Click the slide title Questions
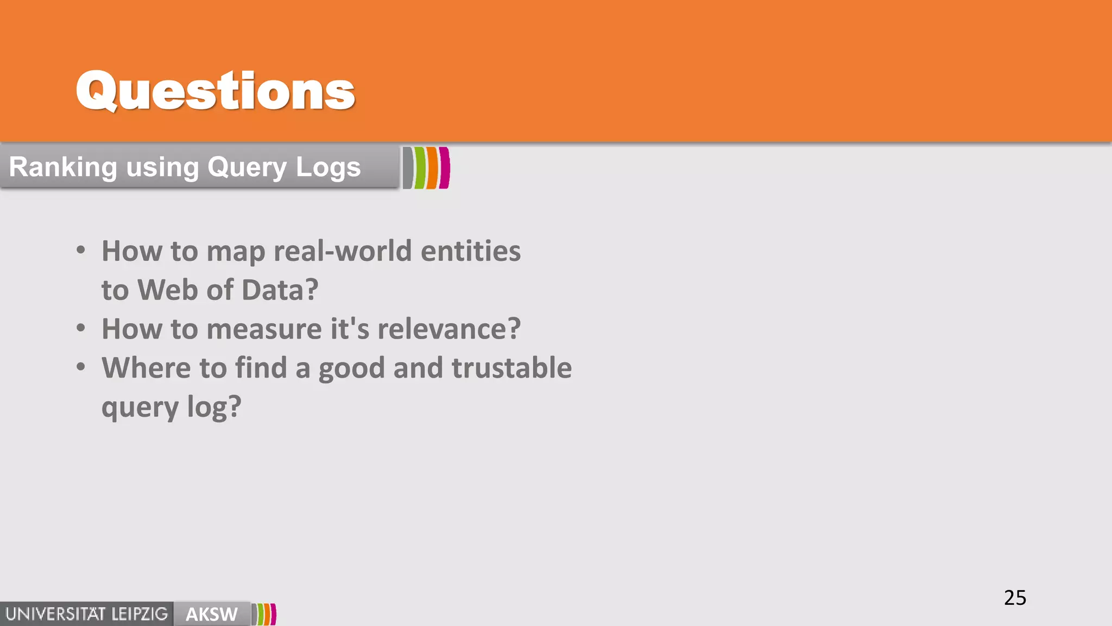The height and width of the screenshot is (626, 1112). click(x=215, y=91)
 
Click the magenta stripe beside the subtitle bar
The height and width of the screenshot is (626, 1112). click(x=444, y=168)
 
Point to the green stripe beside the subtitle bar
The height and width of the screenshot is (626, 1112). click(x=420, y=168)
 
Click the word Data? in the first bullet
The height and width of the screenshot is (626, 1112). click(x=280, y=290)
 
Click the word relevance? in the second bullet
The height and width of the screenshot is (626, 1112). click(x=449, y=329)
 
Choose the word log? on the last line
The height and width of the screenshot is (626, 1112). click(x=214, y=408)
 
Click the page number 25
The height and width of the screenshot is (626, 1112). click(x=1015, y=598)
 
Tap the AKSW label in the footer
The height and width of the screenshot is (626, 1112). click(x=212, y=614)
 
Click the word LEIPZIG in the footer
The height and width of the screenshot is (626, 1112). click(x=140, y=614)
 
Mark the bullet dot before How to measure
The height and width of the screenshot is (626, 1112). click(x=81, y=328)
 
